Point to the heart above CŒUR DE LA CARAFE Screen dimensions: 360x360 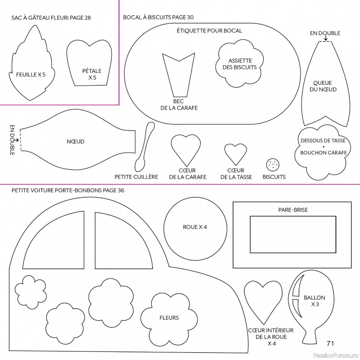click(185, 148)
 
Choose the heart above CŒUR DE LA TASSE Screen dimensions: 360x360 click(235, 153)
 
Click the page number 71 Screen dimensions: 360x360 click(330, 343)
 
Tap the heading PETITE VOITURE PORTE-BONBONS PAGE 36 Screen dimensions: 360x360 click(68, 190)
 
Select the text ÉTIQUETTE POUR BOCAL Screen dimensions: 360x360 click(209, 31)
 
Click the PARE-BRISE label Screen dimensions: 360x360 click(293, 210)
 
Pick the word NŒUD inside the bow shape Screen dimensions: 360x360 click(76, 142)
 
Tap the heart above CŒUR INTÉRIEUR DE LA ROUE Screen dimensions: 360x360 click(263, 297)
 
